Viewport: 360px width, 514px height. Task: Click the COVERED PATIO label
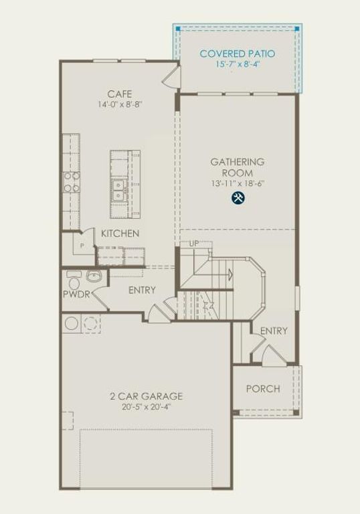(238, 54)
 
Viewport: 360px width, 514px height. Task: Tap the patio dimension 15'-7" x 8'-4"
(238, 65)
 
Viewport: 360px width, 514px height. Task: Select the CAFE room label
(120, 94)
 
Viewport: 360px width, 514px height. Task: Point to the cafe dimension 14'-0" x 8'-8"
(120, 104)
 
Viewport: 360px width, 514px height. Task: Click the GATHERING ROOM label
(238, 167)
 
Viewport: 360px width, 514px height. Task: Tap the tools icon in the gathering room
(238, 197)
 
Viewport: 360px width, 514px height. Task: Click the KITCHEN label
(120, 234)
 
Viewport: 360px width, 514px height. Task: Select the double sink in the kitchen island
(119, 190)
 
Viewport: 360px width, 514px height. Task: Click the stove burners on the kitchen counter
(72, 181)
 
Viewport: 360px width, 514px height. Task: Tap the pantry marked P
(82, 246)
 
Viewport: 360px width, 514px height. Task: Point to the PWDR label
(76, 294)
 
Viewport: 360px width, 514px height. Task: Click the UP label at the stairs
(194, 244)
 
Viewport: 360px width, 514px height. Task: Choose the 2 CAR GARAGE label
(146, 396)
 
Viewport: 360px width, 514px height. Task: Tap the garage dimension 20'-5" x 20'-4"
(146, 406)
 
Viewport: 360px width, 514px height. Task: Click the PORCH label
(263, 389)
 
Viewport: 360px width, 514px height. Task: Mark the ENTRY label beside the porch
(274, 331)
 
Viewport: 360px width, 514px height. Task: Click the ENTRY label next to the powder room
(142, 290)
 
